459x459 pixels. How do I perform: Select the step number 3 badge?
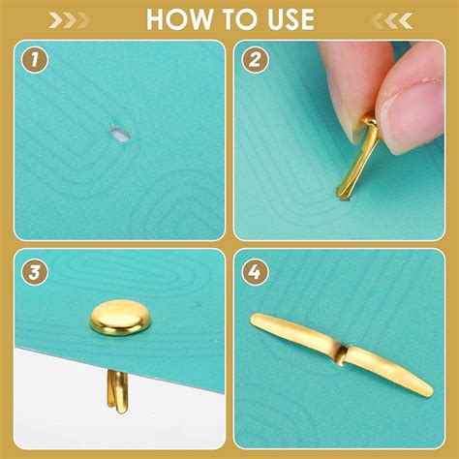(36, 273)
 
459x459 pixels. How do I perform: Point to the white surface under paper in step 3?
(58, 407)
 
